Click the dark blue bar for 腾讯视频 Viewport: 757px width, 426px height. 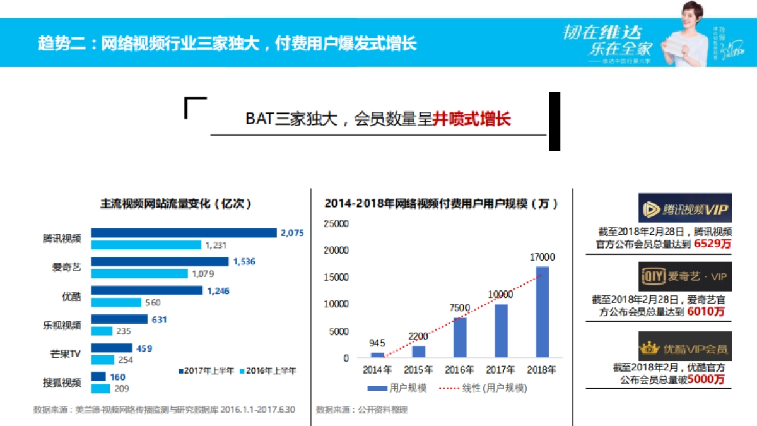184,233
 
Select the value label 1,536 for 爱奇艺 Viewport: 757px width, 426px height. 244,261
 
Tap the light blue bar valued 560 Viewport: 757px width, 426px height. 116,302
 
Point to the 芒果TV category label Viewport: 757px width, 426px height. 66,353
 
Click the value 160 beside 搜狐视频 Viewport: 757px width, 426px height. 117,377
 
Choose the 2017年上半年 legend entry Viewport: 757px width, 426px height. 206,370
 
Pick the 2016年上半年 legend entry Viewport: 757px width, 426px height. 267,370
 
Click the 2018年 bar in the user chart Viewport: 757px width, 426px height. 542,312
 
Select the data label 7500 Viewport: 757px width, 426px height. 460,307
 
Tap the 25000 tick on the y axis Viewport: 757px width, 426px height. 336,223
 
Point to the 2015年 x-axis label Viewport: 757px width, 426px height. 418,370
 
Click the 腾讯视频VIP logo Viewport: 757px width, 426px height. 684,209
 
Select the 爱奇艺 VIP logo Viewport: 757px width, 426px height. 684,276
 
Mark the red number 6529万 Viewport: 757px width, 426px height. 712,244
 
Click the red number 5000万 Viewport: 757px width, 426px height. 706,379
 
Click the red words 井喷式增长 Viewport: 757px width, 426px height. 471,120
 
